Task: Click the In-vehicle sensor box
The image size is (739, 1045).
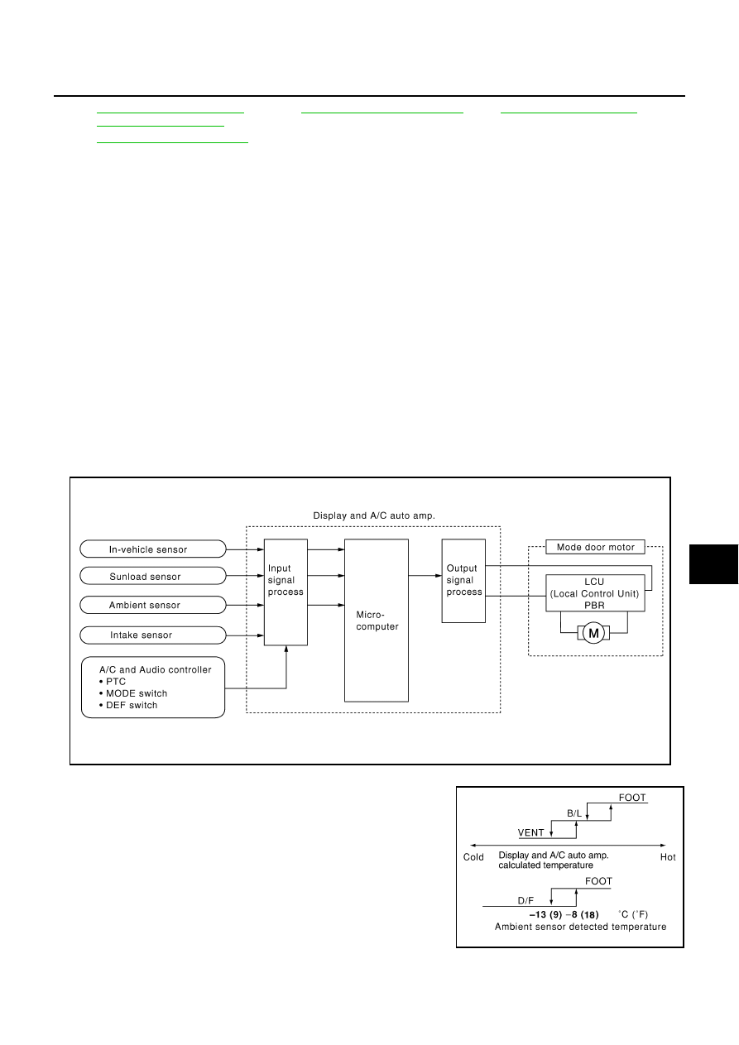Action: pyautogui.click(x=153, y=549)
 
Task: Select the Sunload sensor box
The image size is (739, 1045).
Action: pyautogui.click(x=153, y=576)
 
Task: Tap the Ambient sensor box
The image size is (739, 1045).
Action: pyautogui.click(x=153, y=605)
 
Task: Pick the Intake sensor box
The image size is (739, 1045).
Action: pyautogui.click(x=153, y=635)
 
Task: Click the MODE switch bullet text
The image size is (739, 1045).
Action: pyautogui.click(x=133, y=693)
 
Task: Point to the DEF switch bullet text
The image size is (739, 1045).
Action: pyautogui.click(x=128, y=706)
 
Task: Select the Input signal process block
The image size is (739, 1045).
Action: pyautogui.click(x=286, y=592)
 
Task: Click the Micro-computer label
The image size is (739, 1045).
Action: pyautogui.click(x=377, y=621)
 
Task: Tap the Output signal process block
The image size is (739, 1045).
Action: pyautogui.click(x=463, y=581)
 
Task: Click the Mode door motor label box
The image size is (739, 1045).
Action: pyautogui.click(x=595, y=547)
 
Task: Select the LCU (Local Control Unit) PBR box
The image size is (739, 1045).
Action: pyautogui.click(x=595, y=593)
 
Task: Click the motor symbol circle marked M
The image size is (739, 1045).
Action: pyautogui.click(x=593, y=633)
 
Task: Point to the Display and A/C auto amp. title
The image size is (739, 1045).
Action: pyautogui.click(x=374, y=515)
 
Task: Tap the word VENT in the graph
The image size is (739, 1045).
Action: pyautogui.click(x=531, y=832)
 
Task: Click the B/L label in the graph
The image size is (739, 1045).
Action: pyautogui.click(x=574, y=813)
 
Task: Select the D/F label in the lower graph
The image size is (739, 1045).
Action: pyautogui.click(x=525, y=901)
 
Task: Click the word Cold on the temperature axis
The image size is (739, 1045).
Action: pyautogui.click(x=473, y=857)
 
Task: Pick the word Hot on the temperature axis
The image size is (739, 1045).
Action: pyautogui.click(x=668, y=857)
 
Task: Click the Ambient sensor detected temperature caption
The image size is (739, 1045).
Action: pyautogui.click(x=580, y=927)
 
